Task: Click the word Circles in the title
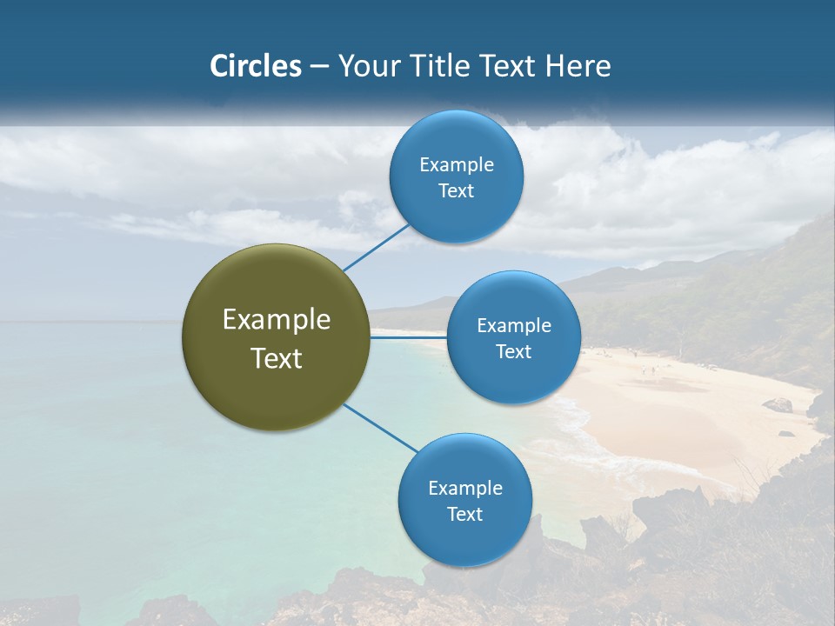click(255, 66)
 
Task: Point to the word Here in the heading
click(579, 66)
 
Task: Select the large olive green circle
click(276, 337)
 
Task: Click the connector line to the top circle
click(376, 246)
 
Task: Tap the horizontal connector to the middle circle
click(408, 337)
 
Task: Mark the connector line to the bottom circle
click(380, 428)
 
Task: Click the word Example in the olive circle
click(276, 320)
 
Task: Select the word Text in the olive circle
click(276, 358)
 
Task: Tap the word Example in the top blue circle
click(456, 165)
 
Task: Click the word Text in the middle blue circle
click(513, 352)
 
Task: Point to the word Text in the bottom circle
click(464, 515)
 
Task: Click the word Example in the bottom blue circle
click(464, 489)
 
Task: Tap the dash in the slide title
click(318, 66)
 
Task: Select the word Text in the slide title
click(507, 66)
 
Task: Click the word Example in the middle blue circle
click(513, 326)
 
